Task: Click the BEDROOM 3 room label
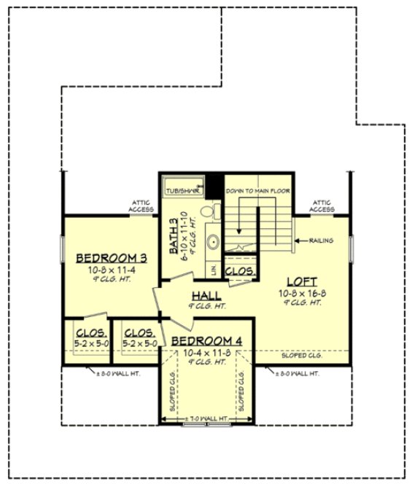(x=112, y=257)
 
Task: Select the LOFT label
(x=301, y=281)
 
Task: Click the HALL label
(x=208, y=295)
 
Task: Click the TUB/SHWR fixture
(x=182, y=190)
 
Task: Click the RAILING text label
(x=322, y=239)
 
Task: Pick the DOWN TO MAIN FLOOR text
(x=257, y=191)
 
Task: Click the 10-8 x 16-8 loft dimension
(x=301, y=292)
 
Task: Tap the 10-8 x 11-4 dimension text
(x=112, y=269)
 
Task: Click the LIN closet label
(x=214, y=270)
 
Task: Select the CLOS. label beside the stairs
(x=239, y=271)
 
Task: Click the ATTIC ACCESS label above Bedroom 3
(x=141, y=206)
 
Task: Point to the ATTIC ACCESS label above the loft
(x=322, y=206)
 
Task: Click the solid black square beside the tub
(x=214, y=185)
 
